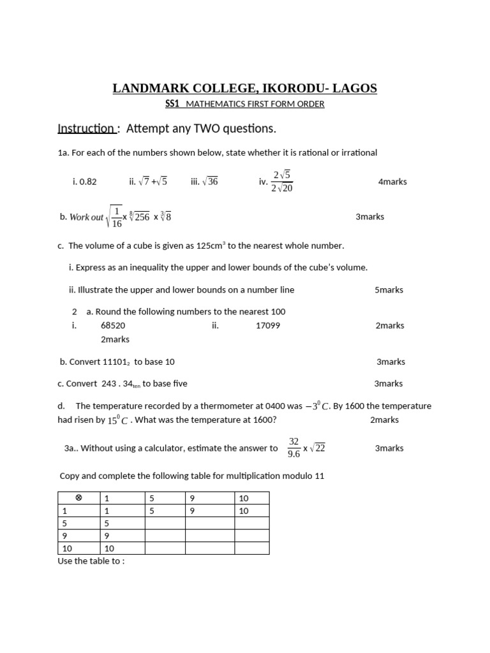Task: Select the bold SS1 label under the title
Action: [x=173, y=104]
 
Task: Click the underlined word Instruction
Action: [x=85, y=129]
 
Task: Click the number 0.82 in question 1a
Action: [x=87, y=182]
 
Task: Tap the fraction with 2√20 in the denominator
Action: [x=282, y=181]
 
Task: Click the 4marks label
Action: [x=392, y=182]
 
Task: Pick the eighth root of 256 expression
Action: [x=140, y=217]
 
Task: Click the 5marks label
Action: [x=389, y=290]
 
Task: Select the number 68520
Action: [x=113, y=325]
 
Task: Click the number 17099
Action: [x=267, y=325]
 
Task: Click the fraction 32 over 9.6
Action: [x=293, y=448]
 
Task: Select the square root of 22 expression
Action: [x=318, y=448]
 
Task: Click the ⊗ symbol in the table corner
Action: [x=78, y=498]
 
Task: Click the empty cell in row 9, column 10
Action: [x=251, y=536]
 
